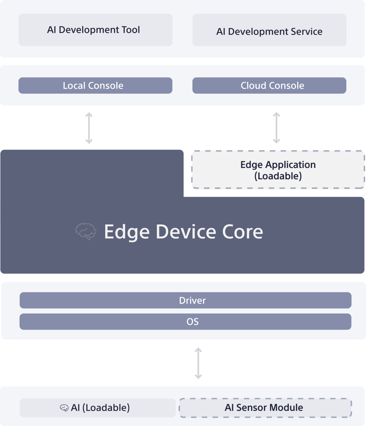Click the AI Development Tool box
pyautogui.click(x=95, y=30)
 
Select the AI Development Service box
pyautogui.click(x=269, y=30)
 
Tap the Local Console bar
pyautogui.click(x=95, y=86)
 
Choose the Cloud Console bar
pyautogui.click(x=269, y=86)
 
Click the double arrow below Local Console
pyautogui.click(x=89, y=128)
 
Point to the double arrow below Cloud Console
pyautogui.click(x=276, y=128)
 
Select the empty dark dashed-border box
pyautogui.click(x=278, y=169)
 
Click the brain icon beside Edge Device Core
pyautogui.click(x=86, y=231)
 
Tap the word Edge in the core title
pyautogui.click(x=127, y=232)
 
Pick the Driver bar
pyautogui.click(x=185, y=300)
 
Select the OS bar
pyautogui.click(x=185, y=322)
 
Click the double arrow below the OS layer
pyautogui.click(x=198, y=363)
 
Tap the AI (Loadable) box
pyautogui.click(x=98, y=408)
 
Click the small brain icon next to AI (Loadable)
pyautogui.click(x=64, y=408)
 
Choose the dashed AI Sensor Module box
pyautogui.click(x=265, y=408)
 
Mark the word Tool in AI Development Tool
pyautogui.click(x=130, y=30)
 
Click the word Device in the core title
pyautogui.click(x=186, y=232)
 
